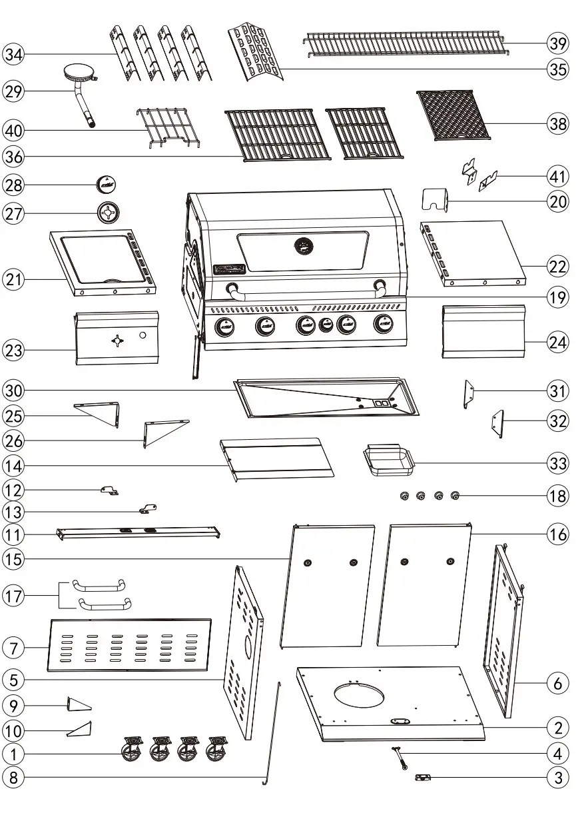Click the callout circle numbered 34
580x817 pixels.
14,54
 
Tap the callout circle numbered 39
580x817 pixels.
558,43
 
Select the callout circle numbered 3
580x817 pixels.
558,777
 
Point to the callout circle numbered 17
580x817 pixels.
14,596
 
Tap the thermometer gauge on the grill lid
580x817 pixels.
304,247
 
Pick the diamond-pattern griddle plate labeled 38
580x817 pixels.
453,115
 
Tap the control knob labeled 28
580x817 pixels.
107,183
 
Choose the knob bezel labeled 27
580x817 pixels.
109,213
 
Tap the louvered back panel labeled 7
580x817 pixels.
129,644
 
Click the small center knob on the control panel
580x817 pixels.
326,325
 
